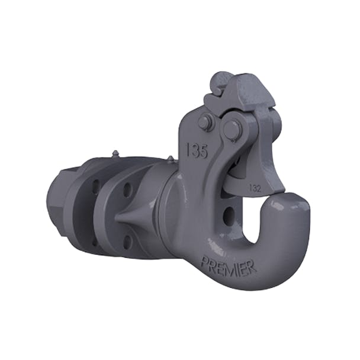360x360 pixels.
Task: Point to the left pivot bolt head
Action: tap(206, 123)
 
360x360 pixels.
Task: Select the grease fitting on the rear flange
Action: tap(114, 155)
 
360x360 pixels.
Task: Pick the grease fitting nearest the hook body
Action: tap(171, 159)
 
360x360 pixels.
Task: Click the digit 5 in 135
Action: tap(203, 152)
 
